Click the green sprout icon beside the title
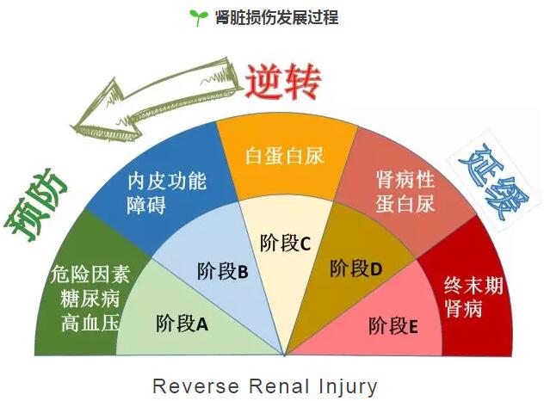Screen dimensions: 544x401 pyautogui.click(x=199, y=17)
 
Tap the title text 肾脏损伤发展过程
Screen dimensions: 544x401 pyautogui.click(x=276, y=17)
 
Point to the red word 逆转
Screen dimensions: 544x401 pyautogui.click(x=283, y=82)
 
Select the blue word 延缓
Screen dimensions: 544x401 pyautogui.click(x=492, y=184)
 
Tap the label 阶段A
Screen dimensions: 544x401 pyautogui.click(x=182, y=324)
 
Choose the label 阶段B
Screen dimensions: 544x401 pyautogui.click(x=222, y=271)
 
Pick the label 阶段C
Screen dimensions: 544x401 pyautogui.click(x=285, y=243)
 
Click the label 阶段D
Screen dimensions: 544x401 pyautogui.click(x=356, y=268)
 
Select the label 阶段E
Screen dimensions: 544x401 pyautogui.click(x=393, y=326)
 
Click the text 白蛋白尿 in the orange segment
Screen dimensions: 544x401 pyautogui.click(x=285, y=156)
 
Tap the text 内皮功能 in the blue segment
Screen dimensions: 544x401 pyautogui.click(x=167, y=181)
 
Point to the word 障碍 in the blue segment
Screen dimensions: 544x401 pyautogui.click(x=146, y=205)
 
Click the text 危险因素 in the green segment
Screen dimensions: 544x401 pyautogui.click(x=90, y=274)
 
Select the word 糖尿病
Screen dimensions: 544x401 pyautogui.click(x=90, y=298)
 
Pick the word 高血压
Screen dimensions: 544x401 pyautogui.click(x=90, y=322)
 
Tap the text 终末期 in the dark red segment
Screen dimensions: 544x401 pyautogui.click(x=473, y=286)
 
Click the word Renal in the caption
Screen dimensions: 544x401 pyautogui.click(x=279, y=386)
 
